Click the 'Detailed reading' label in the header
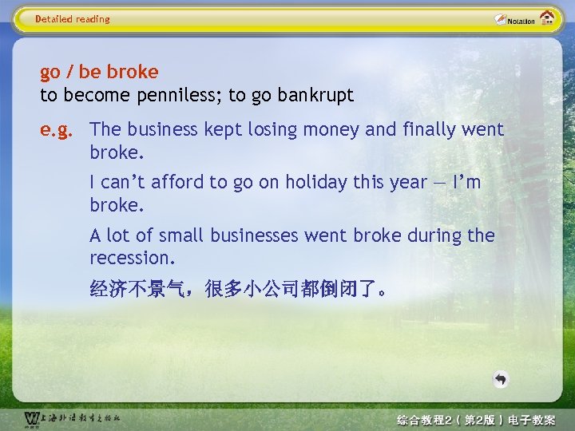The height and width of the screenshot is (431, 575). [x=73, y=19]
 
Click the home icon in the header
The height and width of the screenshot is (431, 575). [x=548, y=18]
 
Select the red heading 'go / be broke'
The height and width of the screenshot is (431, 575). [x=99, y=72]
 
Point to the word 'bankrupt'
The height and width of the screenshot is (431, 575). [x=315, y=96]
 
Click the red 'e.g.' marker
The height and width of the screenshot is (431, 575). [x=61, y=129]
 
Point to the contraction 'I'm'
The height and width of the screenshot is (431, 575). [x=466, y=182]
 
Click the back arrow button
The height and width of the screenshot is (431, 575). [x=500, y=379]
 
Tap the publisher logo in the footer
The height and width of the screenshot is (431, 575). [x=72, y=418]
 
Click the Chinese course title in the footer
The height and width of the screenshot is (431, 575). [x=476, y=419]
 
